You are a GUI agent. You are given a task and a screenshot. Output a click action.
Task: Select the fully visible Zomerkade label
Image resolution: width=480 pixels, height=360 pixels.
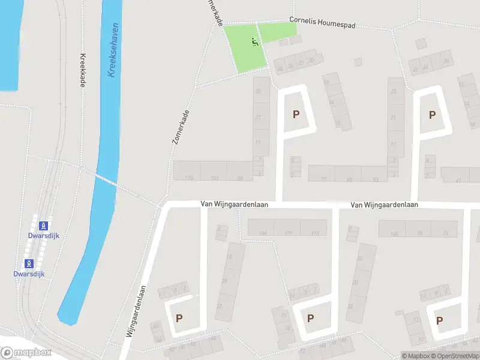[180, 127]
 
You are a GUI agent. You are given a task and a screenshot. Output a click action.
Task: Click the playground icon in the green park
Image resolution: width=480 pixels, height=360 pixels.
[255, 42]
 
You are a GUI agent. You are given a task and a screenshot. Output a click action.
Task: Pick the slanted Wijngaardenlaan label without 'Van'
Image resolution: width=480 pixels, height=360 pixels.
[137, 313]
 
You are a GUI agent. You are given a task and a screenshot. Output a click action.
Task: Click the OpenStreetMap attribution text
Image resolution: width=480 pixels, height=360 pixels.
[455, 356]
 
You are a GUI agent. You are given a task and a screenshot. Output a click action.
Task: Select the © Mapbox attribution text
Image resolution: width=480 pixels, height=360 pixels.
[416, 356]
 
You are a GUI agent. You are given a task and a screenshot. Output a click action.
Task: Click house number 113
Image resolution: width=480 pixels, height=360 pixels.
[190, 178]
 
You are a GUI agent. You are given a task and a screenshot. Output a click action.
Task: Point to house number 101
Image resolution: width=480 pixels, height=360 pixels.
[215, 178]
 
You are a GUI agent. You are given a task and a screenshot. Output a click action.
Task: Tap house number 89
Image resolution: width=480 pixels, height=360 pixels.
[240, 178]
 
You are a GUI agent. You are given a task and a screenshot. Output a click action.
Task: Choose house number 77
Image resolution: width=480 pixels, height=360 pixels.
[324, 179]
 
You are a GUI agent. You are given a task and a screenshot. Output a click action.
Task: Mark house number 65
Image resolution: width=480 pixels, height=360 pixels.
[349, 179]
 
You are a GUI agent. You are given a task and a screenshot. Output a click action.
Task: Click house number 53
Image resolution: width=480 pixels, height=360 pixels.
[376, 179]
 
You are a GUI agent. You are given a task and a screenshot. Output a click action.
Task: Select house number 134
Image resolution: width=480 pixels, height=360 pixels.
[262, 233]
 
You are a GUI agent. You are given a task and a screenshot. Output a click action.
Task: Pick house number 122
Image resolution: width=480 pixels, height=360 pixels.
[288, 233]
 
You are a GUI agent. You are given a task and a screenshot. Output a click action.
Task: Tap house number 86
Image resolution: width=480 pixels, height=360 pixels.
[419, 233]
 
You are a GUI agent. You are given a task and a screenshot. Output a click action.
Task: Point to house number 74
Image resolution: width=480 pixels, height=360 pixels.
[446, 233]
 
